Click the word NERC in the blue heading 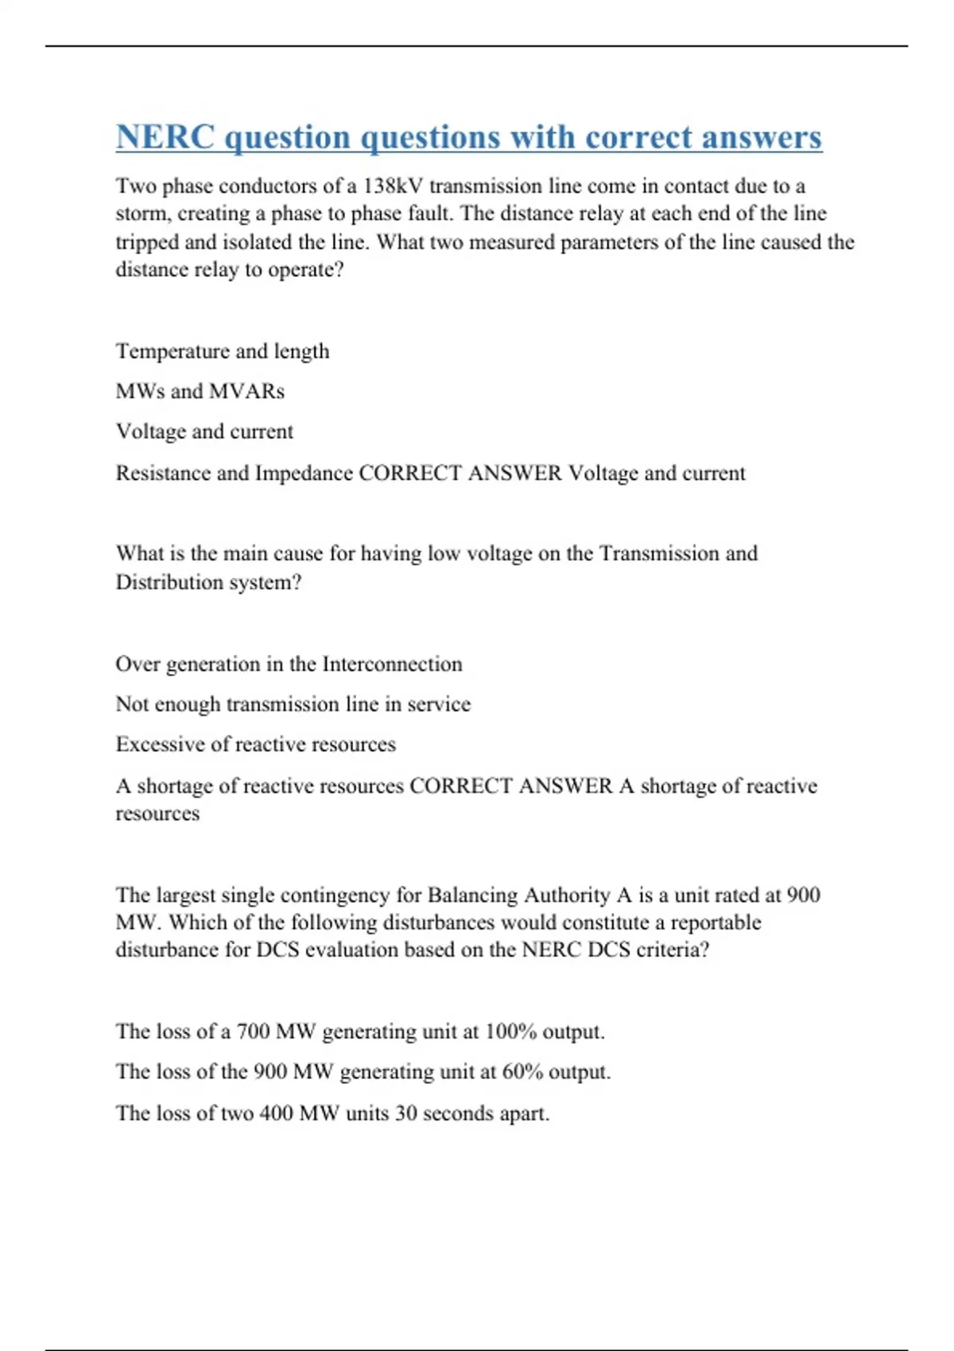tap(165, 137)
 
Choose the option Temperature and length tap(223, 351)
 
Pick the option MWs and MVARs tap(200, 391)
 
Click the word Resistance tap(164, 473)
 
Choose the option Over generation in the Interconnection tap(289, 664)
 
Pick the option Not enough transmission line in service tap(293, 704)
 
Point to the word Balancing tap(472, 895)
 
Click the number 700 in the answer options tap(254, 1032)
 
